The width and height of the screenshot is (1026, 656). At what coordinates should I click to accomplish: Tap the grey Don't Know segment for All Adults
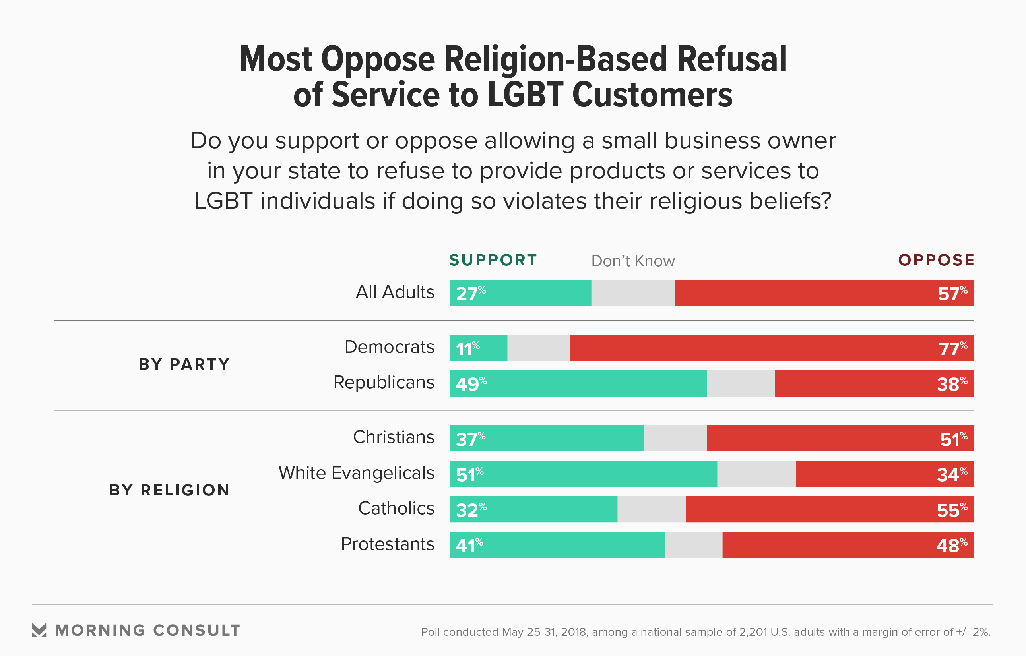pos(633,293)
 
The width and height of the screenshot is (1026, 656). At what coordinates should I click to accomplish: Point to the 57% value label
pos(952,294)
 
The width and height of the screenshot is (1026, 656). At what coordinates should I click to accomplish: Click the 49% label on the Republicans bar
pos(471,384)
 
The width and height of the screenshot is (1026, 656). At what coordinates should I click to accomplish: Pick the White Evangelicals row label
pos(356,473)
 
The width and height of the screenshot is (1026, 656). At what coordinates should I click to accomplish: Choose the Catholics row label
pos(396,508)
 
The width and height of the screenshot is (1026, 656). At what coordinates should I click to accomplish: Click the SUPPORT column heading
pos(493,260)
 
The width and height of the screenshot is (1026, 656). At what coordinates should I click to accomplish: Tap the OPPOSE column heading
pos(936,260)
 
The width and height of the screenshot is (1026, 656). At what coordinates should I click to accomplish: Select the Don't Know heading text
pos(633,261)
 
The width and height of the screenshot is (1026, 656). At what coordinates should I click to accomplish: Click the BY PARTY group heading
pos(184,364)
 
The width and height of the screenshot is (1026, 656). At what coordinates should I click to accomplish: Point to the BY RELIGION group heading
pos(170,490)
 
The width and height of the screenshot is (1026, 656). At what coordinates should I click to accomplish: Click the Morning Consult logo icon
pos(39,631)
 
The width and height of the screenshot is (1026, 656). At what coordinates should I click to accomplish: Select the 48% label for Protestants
pos(951,545)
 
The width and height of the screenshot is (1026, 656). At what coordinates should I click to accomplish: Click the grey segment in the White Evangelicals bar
pos(756,474)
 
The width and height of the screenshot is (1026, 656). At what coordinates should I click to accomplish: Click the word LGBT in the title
pos(526,95)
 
